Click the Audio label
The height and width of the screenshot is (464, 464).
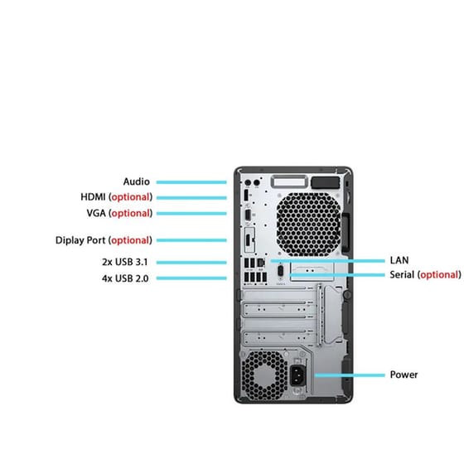(x=137, y=181)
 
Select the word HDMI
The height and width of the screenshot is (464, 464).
(x=93, y=197)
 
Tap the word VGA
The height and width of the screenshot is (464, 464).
(x=96, y=213)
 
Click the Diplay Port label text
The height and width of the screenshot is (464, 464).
(x=80, y=240)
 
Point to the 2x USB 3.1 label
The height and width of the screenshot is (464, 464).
(x=124, y=262)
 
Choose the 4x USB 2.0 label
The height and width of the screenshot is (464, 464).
(x=125, y=278)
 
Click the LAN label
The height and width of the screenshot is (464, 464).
(x=399, y=260)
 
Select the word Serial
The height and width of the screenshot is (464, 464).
(x=402, y=274)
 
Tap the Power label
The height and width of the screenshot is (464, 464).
(x=404, y=375)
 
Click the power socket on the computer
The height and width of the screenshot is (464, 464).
(x=297, y=375)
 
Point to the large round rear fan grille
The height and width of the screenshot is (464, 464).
(x=308, y=225)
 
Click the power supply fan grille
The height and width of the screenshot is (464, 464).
(x=264, y=375)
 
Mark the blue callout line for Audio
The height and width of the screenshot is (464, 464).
(x=191, y=182)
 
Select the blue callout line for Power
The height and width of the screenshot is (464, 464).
(x=350, y=375)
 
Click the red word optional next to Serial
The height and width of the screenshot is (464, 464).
(x=439, y=275)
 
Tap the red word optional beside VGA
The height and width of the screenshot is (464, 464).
(x=131, y=214)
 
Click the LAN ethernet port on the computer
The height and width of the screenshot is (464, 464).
(x=261, y=262)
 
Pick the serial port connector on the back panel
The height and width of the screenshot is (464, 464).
(x=281, y=272)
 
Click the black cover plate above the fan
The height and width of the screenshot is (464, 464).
(x=325, y=182)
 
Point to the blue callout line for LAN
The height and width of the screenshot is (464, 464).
(x=327, y=261)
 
